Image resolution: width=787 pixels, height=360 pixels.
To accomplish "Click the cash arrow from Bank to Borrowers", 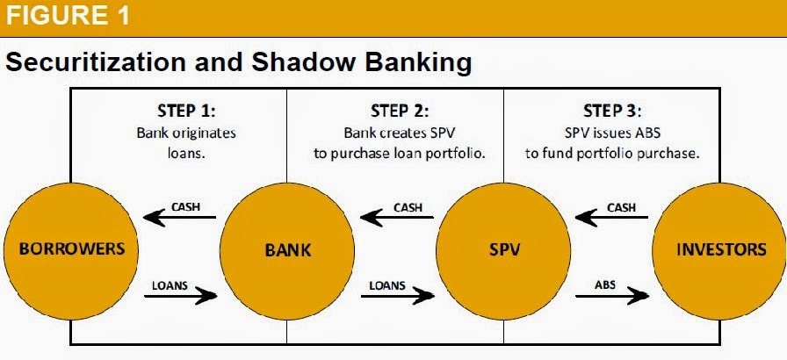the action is [x=179, y=218].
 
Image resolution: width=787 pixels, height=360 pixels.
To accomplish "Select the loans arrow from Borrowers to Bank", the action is [x=181, y=296].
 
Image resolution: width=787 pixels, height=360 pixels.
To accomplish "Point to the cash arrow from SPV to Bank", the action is [x=396, y=218].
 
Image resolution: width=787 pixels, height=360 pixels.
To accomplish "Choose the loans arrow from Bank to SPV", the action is [x=398, y=296].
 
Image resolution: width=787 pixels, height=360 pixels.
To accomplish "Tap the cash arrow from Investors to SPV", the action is [x=611, y=218].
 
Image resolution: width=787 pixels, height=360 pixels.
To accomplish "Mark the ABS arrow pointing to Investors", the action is [x=612, y=296].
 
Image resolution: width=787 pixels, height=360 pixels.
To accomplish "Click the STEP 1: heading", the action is [x=186, y=111].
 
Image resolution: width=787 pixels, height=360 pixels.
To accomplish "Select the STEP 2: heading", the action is [x=400, y=111].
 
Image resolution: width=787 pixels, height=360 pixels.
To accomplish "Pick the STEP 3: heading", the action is [x=612, y=111].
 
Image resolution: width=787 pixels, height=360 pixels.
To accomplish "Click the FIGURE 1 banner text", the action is [x=68, y=15].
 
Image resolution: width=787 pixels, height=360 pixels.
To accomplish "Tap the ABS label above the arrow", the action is [x=605, y=284].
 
